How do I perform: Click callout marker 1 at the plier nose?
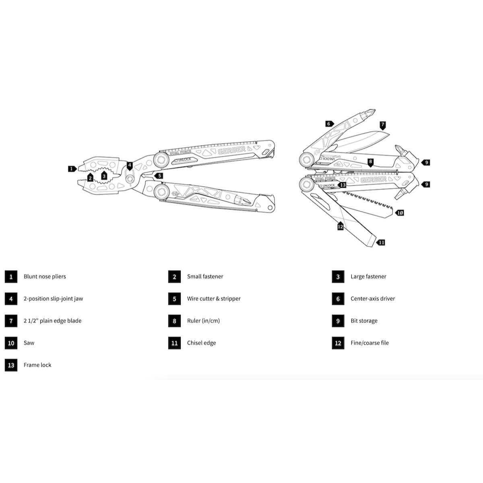[72, 169]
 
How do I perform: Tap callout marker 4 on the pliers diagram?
[130, 166]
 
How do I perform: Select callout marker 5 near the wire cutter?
[159, 176]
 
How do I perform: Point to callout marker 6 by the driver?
[329, 124]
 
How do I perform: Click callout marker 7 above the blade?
[382, 125]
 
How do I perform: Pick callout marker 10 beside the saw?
[400, 213]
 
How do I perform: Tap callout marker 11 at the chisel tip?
[381, 242]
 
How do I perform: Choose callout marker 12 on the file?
[341, 226]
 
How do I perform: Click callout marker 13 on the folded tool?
[342, 185]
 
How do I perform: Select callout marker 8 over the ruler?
[370, 163]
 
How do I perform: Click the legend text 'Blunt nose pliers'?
[45, 277]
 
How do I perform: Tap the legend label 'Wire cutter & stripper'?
[214, 299]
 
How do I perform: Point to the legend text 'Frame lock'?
[37, 365]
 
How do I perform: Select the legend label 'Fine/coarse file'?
[370, 343]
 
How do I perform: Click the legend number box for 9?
[338, 321]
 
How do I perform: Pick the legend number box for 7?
[11, 321]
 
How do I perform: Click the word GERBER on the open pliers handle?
[231, 150]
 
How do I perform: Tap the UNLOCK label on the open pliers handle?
[183, 159]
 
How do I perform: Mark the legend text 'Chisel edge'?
[202, 343]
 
